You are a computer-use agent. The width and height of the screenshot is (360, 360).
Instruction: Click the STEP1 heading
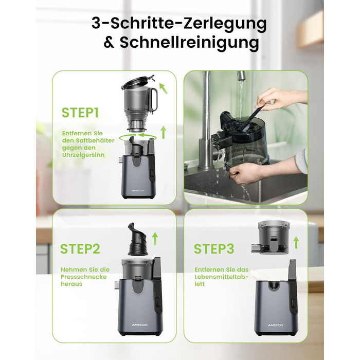point(80,113)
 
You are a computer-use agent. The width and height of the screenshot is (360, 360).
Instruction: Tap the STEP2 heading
point(80,248)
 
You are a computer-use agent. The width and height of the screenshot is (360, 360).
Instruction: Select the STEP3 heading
point(214,248)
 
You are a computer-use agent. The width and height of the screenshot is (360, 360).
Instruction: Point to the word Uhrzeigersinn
point(83,155)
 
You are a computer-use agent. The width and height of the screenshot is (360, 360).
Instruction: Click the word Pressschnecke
point(84,277)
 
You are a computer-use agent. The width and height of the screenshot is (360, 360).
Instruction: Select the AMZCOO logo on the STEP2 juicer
point(140,325)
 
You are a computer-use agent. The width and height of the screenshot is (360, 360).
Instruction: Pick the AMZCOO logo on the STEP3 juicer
point(276,325)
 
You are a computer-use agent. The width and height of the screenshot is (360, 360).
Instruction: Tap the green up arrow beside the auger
point(155,238)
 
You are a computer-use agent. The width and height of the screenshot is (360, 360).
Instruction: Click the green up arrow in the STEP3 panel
point(296,243)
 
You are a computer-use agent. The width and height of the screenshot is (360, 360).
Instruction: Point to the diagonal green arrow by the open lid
point(164,89)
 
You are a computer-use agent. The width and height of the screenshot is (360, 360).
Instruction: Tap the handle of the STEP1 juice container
point(154,99)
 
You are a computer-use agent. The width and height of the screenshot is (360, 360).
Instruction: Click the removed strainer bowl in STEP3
point(271,238)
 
